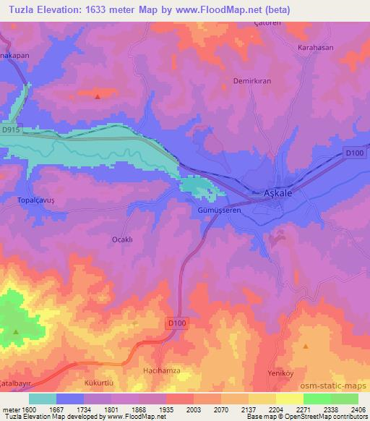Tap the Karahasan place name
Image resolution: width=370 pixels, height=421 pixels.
315,48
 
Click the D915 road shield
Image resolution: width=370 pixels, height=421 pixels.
10,129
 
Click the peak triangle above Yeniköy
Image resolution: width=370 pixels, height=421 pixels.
306,346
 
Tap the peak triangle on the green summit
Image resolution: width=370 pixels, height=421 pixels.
16,332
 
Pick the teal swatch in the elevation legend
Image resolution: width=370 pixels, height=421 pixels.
43,398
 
